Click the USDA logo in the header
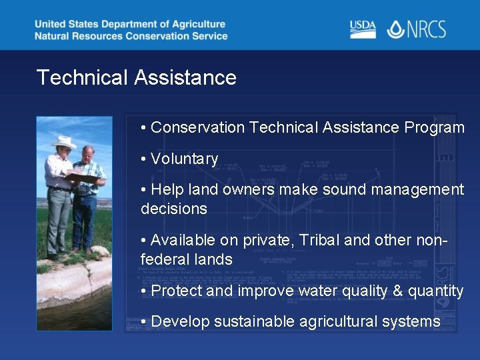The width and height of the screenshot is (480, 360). click(363, 29)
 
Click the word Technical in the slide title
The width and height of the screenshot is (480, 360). click(82, 77)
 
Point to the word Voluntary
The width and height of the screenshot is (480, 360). click(185, 159)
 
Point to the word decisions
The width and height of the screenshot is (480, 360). click(174, 209)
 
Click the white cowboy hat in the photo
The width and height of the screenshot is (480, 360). click(64, 141)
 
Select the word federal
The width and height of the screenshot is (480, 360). click(163, 259)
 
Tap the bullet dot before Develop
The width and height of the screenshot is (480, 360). click(144, 322)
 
